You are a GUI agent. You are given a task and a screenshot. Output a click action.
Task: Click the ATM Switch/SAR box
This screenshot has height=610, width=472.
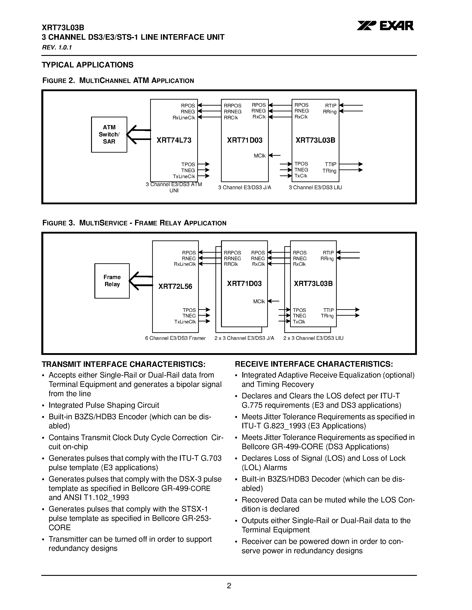[109, 134]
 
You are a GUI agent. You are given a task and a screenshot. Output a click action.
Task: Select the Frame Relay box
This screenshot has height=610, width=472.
[112, 281]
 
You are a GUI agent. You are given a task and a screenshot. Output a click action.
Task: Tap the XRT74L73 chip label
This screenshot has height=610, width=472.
[174, 140]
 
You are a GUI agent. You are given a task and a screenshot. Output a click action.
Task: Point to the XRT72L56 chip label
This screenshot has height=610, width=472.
[175, 286]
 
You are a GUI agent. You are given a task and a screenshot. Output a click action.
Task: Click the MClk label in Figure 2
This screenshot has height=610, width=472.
[259, 155]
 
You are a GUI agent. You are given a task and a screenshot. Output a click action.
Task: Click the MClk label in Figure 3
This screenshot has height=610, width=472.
[259, 301]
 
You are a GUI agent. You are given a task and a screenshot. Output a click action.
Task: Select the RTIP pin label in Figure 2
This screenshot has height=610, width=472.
[331, 106]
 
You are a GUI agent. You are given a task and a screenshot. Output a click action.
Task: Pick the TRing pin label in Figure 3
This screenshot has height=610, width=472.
[327, 316]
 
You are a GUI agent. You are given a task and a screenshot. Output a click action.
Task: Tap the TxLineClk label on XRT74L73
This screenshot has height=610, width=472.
[184, 177]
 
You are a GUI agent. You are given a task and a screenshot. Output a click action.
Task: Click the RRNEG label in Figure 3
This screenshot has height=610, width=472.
[232, 258]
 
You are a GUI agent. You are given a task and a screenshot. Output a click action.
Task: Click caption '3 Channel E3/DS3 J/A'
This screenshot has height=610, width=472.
[245, 187]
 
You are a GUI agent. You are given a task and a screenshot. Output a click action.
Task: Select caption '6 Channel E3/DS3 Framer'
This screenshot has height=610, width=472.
[175, 338]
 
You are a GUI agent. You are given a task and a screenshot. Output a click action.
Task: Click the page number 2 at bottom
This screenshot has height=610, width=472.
[229, 585]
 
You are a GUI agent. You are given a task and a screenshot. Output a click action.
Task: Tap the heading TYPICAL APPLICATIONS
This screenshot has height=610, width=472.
[88, 65]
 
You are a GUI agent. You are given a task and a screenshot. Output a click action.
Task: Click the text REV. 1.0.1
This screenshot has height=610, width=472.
[57, 47]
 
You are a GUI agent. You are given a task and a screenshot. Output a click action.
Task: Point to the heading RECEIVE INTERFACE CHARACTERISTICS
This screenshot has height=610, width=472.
[314, 364]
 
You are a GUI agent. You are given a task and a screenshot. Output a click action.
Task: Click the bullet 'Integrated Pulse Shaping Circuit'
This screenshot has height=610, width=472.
[104, 405]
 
